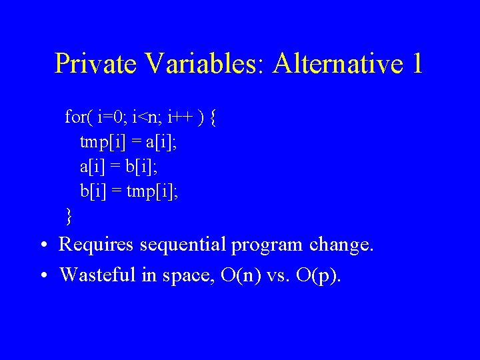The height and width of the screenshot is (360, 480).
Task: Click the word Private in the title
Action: tap(95, 64)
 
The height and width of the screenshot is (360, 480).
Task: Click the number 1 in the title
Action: tap(417, 64)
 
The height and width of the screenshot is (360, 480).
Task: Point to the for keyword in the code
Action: tap(75, 118)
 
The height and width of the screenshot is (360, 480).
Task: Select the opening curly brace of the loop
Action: tap(213, 119)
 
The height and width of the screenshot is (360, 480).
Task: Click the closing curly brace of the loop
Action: tap(69, 216)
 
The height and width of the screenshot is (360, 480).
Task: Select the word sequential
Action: tap(183, 245)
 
